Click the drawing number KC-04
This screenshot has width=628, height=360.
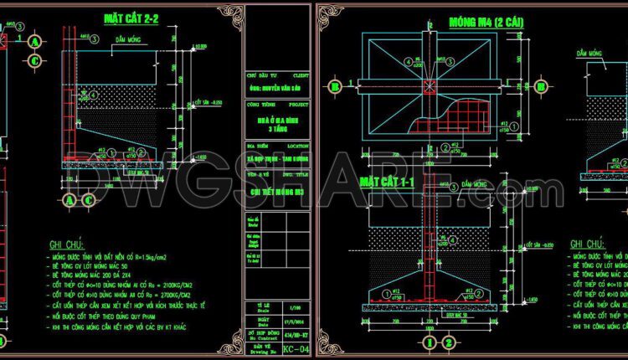[x=293, y=346]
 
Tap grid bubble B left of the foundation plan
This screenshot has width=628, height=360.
[x=335, y=85]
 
